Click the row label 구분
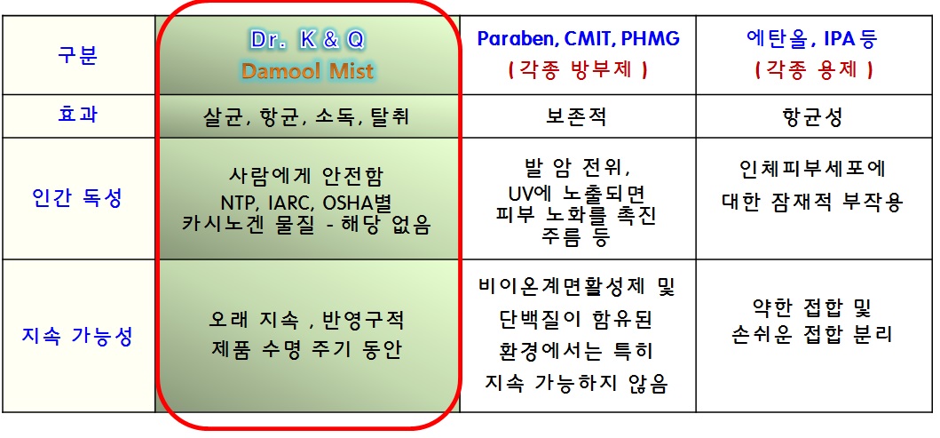click(x=78, y=54)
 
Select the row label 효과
click(x=78, y=115)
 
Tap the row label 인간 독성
click(x=77, y=197)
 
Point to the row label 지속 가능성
click(x=77, y=336)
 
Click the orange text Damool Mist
click(x=307, y=71)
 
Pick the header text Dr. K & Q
click(x=307, y=40)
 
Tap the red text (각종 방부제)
click(x=578, y=70)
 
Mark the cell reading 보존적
click(x=576, y=116)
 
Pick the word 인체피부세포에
click(x=813, y=170)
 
